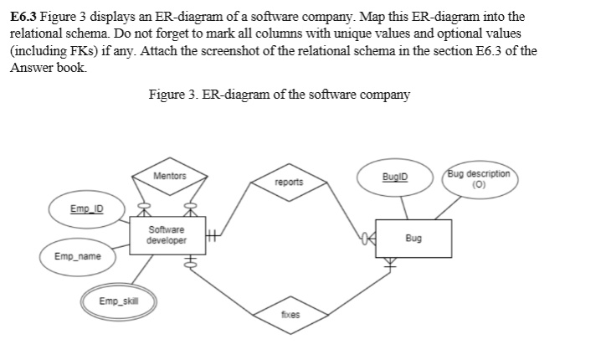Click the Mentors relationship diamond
pos(170,177)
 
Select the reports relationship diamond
pos(288,182)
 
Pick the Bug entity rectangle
pos(413,238)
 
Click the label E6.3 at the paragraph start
pos(23,17)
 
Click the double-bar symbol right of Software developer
pos(213,237)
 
